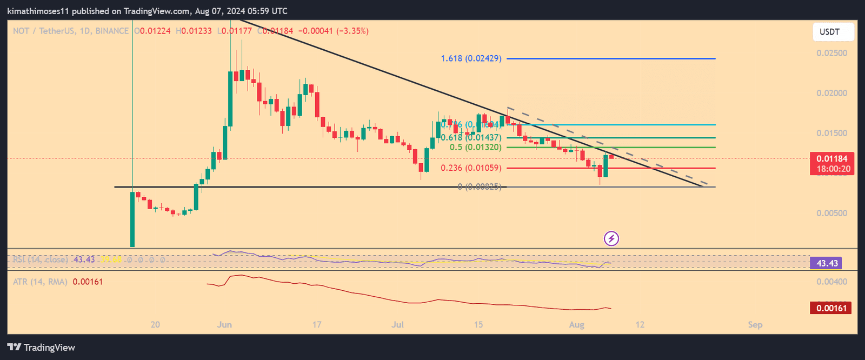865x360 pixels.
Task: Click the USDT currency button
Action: pos(833,32)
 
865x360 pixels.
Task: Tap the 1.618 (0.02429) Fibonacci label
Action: pos(471,58)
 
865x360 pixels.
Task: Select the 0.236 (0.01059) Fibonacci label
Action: pos(471,168)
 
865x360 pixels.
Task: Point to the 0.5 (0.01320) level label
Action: pos(475,148)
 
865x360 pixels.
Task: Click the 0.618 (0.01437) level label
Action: pos(471,138)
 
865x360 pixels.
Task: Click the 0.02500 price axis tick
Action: pos(831,53)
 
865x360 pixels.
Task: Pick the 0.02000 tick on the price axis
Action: pos(831,93)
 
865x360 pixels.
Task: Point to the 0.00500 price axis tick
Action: pos(831,213)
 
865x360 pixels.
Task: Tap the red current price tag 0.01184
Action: pos(831,159)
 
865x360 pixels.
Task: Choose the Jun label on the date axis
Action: pos(224,325)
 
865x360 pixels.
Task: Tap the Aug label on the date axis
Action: pos(576,325)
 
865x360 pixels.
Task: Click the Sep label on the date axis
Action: pos(755,325)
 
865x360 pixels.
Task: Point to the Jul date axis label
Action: pos(398,325)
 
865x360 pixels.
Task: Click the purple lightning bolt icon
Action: pos(611,238)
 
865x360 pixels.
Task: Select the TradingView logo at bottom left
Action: pos(41,348)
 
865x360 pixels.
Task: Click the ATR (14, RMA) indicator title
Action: pos(41,282)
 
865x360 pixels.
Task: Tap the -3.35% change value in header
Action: pos(352,31)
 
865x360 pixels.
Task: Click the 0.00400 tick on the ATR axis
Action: pos(831,282)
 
